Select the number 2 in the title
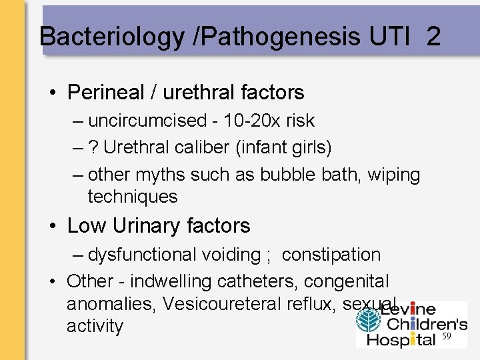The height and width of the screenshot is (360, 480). point(433,36)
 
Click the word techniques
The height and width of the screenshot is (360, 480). point(133,197)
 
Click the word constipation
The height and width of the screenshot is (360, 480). point(331,255)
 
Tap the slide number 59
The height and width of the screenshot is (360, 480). point(447,337)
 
